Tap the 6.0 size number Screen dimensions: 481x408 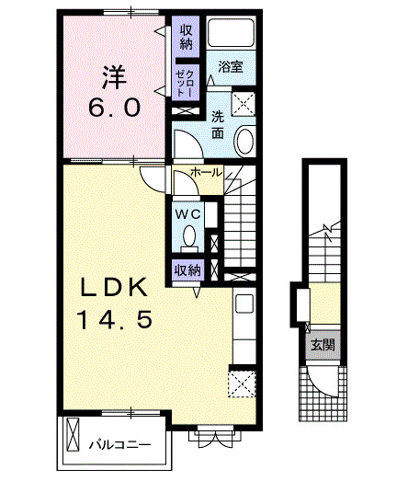pyautogui.click(x=115, y=109)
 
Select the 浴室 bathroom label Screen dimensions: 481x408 pyautogui.click(x=230, y=66)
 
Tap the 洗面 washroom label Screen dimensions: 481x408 pyautogui.click(x=217, y=124)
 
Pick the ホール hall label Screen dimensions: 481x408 pyautogui.click(x=204, y=173)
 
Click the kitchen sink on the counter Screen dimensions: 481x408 pyautogui.click(x=244, y=304)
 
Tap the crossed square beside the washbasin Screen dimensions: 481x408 pyautogui.click(x=243, y=102)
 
